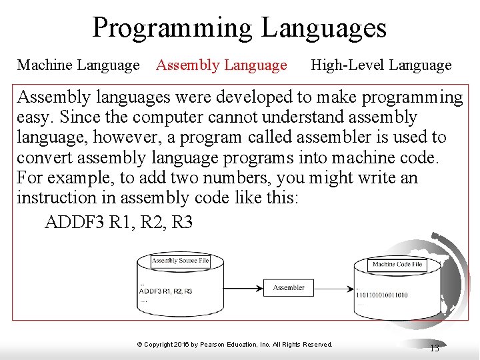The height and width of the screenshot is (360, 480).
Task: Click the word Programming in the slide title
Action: click(172, 28)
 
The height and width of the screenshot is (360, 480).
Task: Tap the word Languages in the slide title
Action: click(324, 28)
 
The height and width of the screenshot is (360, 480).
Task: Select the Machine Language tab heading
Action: click(78, 65)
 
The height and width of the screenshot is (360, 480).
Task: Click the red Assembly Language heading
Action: click(221, 65)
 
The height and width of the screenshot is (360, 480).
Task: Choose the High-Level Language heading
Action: click(381, 65)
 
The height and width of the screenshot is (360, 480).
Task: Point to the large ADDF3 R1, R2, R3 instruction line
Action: click(118, 222)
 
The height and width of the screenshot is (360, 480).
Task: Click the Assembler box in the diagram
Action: click(289, 288)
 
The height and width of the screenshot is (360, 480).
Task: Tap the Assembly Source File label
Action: click(179, 261)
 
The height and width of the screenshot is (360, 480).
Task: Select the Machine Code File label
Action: click(397, 265)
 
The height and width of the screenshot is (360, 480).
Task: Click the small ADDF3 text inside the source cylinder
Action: click(151, 291)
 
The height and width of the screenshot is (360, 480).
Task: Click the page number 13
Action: click(434, 348)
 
